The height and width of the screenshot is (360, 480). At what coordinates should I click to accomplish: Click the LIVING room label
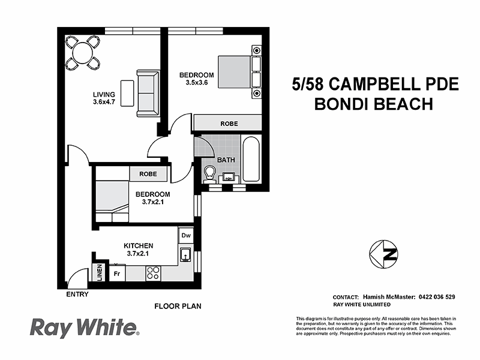click(x=103, y=94)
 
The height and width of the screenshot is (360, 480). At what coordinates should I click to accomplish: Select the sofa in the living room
click(x=148, y=93)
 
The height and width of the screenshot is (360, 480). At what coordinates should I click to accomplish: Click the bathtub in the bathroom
click(x=251, y=158)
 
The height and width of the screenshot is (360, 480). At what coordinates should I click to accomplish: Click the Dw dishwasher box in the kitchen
click(x=186, y=236)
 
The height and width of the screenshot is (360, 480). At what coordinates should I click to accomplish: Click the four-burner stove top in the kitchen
click(x=153, y=273)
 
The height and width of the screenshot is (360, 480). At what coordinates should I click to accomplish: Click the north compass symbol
click(x=384, y=254)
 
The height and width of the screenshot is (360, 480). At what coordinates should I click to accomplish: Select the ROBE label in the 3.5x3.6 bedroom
click(x=229, y=124)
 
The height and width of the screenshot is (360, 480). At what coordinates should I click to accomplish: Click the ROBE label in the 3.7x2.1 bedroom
click(x=148, y=174)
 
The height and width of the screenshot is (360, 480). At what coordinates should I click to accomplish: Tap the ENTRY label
click(x=77, y=295)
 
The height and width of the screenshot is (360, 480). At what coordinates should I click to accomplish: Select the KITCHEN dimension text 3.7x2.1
click(x=139, y=254)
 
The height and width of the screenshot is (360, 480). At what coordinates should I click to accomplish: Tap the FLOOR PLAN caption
click(x=178, y=306)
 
